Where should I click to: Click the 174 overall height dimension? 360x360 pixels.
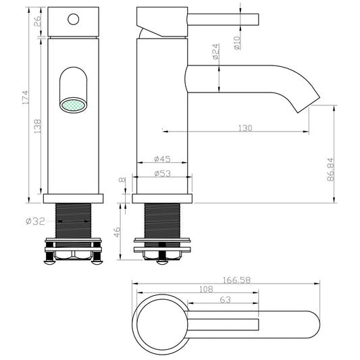pos(26,97)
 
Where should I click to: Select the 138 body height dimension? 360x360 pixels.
pos(37,126)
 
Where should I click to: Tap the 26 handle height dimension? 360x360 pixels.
pos(38,21)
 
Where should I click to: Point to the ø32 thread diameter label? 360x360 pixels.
pos(35,222)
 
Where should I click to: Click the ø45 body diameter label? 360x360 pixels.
pos(162,159)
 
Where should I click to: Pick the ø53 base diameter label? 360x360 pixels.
pos(163,174)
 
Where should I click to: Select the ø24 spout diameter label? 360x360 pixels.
pos(216,51)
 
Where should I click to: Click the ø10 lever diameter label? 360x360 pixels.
pos(237,43)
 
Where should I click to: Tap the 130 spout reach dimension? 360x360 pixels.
pos(245,128)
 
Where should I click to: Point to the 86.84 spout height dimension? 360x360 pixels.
pos(330,170)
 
